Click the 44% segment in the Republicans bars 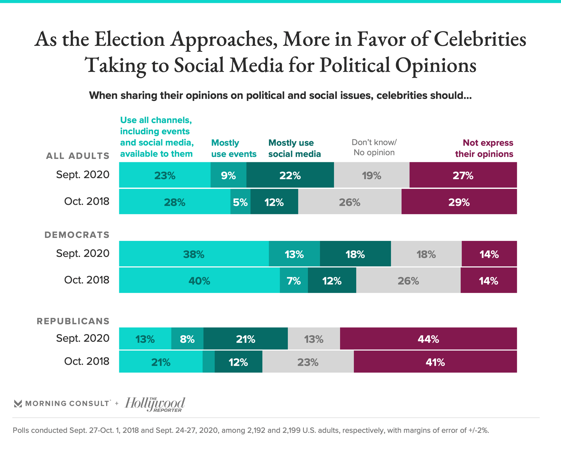pyautogui.click(x=428, y=339)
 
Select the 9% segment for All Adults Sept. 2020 pyautogui.click(x=228, y=175)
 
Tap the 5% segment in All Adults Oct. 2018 pyautogui.click(x=240, y=202)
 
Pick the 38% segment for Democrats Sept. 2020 pyautogui.click(x=194, y=254)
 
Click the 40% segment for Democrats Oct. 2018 pyautogui.click(x=199, y=281)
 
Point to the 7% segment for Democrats pyautogui.click(x=294, y=281)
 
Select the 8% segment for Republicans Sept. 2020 pyautogui.click(x=187, y=339)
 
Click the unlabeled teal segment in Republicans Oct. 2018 pyautogui.click(x=209, y=362)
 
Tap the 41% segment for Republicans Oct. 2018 pyautogui.click(x=435, y=362)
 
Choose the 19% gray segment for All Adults pyautogui.click(x=371, y=175)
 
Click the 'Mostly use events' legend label pyautogui.click(x=233, y=148)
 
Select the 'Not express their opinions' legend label pyautogui.click(x=484, y=148)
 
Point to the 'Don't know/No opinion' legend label pyautogui.click(x=374, y=147)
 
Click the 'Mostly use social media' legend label pyautogui.click(x=294, y=148)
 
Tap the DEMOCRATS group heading pyautogui.click(x=77, y=235)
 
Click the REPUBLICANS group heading pyautogui.click(x=73, y=321)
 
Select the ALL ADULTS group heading pyautogui.click(x=78, y=156)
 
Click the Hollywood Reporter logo pyautogui.click(x=155, y=404)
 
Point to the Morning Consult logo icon pyautogui.click(x=18, y=404)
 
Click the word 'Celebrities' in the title pyautogui.click(x=480, y=39)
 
